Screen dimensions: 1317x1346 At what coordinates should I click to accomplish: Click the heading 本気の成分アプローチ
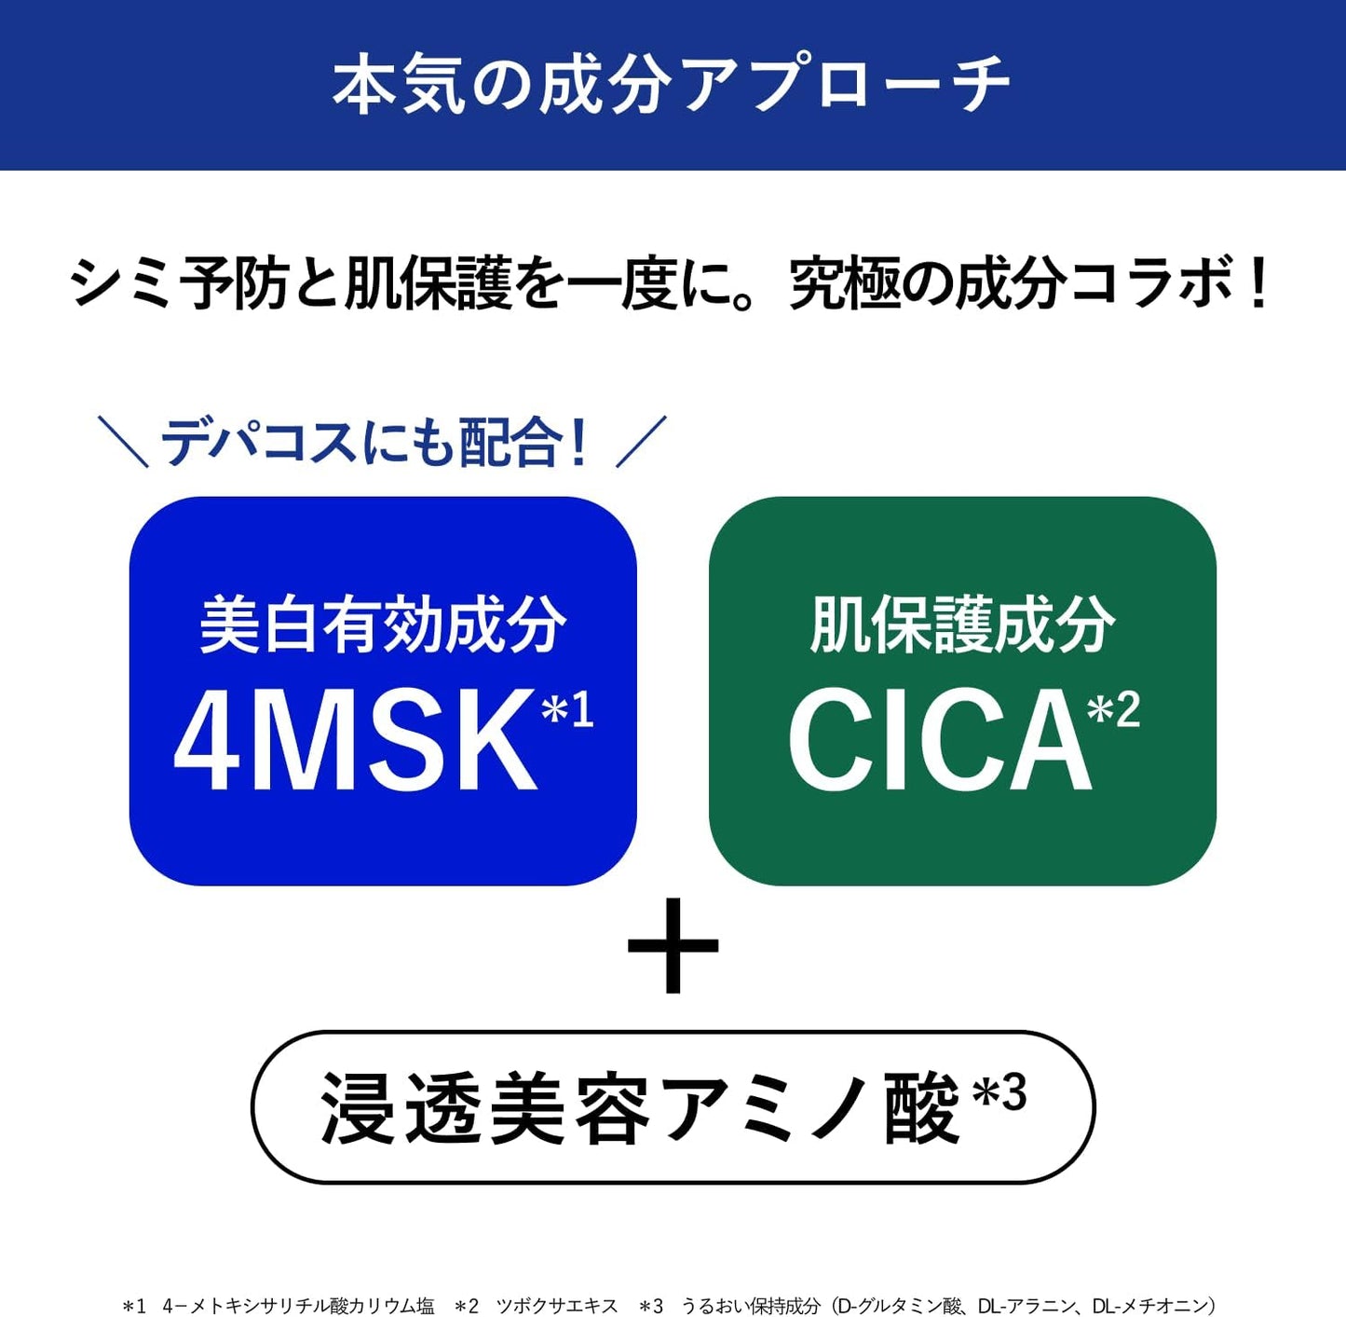click(x=671, y=85)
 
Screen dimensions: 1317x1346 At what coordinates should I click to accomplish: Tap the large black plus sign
click(x=673, y=945)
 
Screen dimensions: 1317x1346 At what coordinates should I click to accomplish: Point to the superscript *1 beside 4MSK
click(x=567, y=710)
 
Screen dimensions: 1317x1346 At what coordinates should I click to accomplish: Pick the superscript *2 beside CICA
click(x=1113, y=710)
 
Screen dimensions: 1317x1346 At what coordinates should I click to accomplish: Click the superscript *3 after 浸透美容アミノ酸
click(x=999, y=1092)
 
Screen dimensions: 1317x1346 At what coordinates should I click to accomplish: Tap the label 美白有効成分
click(x=382, y=624)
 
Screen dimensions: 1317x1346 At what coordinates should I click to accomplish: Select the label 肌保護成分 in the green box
click(x=962, y=624)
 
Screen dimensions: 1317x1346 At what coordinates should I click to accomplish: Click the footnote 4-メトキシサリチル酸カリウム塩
click(x=298, y=1306)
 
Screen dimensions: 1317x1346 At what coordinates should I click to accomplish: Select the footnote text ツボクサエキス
click(x=557, y=1306)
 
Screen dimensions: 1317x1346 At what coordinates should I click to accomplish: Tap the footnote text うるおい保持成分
click(x=751, y=1306)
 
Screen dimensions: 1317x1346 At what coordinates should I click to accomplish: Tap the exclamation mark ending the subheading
click(x=1258, y=283)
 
